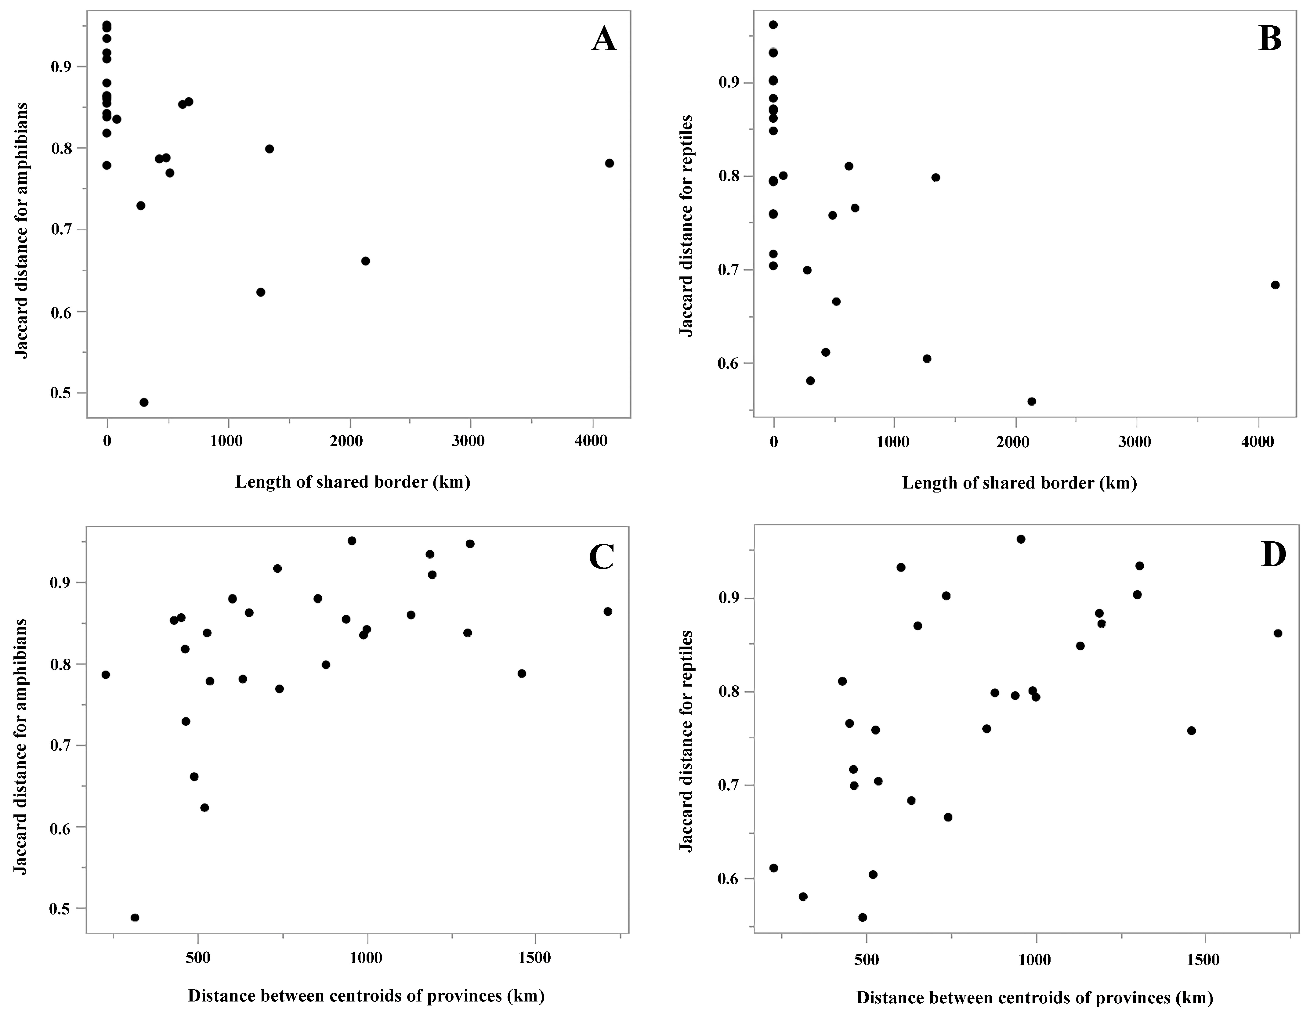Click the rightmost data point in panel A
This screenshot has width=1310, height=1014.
click(610, 163)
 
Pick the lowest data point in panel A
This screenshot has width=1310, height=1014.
click(144, 402)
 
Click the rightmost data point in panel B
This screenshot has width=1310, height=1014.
click(1275, 285)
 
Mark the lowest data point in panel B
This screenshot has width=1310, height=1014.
click(1032, 401)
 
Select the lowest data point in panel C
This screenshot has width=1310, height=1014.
click(135, 918)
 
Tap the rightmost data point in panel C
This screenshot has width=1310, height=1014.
click(608, 611)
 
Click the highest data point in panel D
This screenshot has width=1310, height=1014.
click(1021, 539)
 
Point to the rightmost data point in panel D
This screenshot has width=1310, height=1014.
click(1278, 633)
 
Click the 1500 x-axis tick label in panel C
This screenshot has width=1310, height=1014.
click(534, 958)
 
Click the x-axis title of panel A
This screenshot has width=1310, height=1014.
click(353, 482)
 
